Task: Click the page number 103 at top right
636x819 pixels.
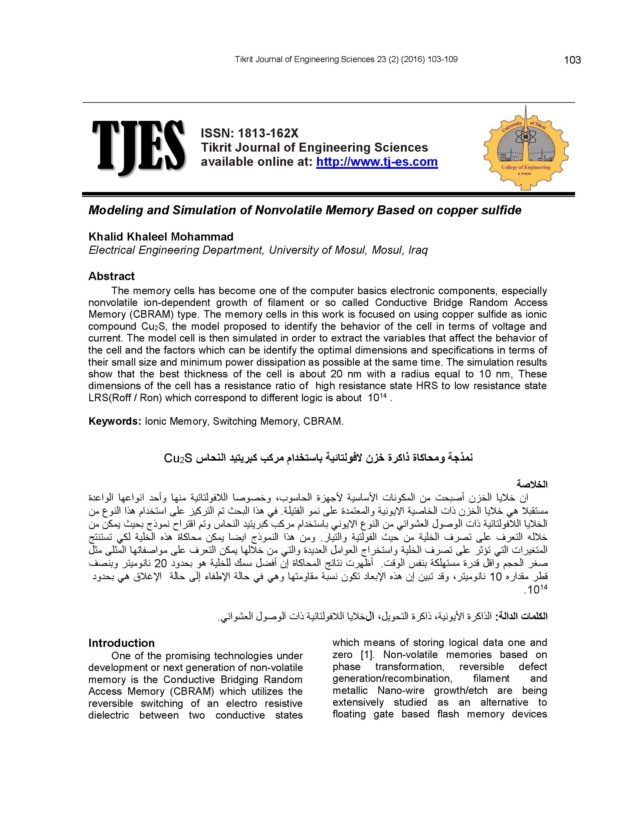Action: (572, 60)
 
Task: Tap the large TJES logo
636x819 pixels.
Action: (138, 148)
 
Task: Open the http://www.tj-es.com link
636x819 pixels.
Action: (377, 162)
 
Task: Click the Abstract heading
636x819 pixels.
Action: (112, 276)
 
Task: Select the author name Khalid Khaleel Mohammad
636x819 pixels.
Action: (161, 237)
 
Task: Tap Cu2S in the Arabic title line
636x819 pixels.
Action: (178, 458)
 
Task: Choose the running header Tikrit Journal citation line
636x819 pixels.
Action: (346, 59)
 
